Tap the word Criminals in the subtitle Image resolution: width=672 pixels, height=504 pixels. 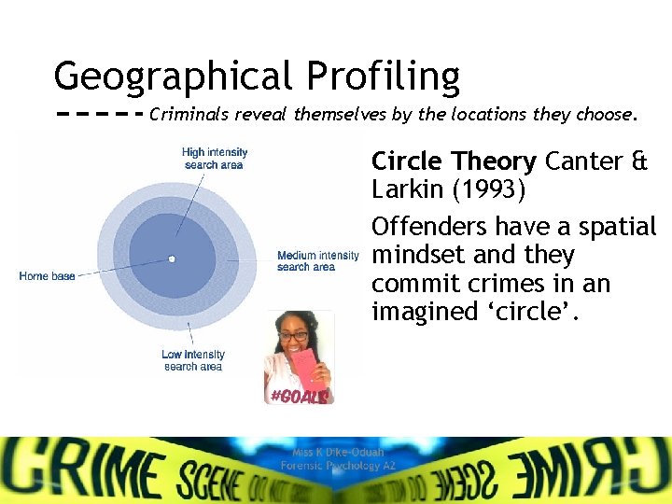pyautogui.click(x=189, y=116)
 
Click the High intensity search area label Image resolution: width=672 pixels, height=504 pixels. pyautogui.click(x=214, y=159)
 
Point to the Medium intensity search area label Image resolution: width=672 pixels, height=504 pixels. pyautogui.click(x=317, y=261)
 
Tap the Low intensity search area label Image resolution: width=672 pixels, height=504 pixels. pyautogui.click(x=193, y=360)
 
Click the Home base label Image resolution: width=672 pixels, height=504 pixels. pyautogui.click(x=47, y=276)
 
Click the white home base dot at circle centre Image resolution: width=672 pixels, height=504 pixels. pyautogui.click(x=172, y=259)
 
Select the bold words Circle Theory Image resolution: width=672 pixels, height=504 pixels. pyautogui.click(x=454, y=162)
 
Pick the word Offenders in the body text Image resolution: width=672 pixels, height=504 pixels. pyautogui.click(x=428, y=227)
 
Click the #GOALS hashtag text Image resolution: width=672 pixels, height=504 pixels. pyautogui.click(x=299, y=396)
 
